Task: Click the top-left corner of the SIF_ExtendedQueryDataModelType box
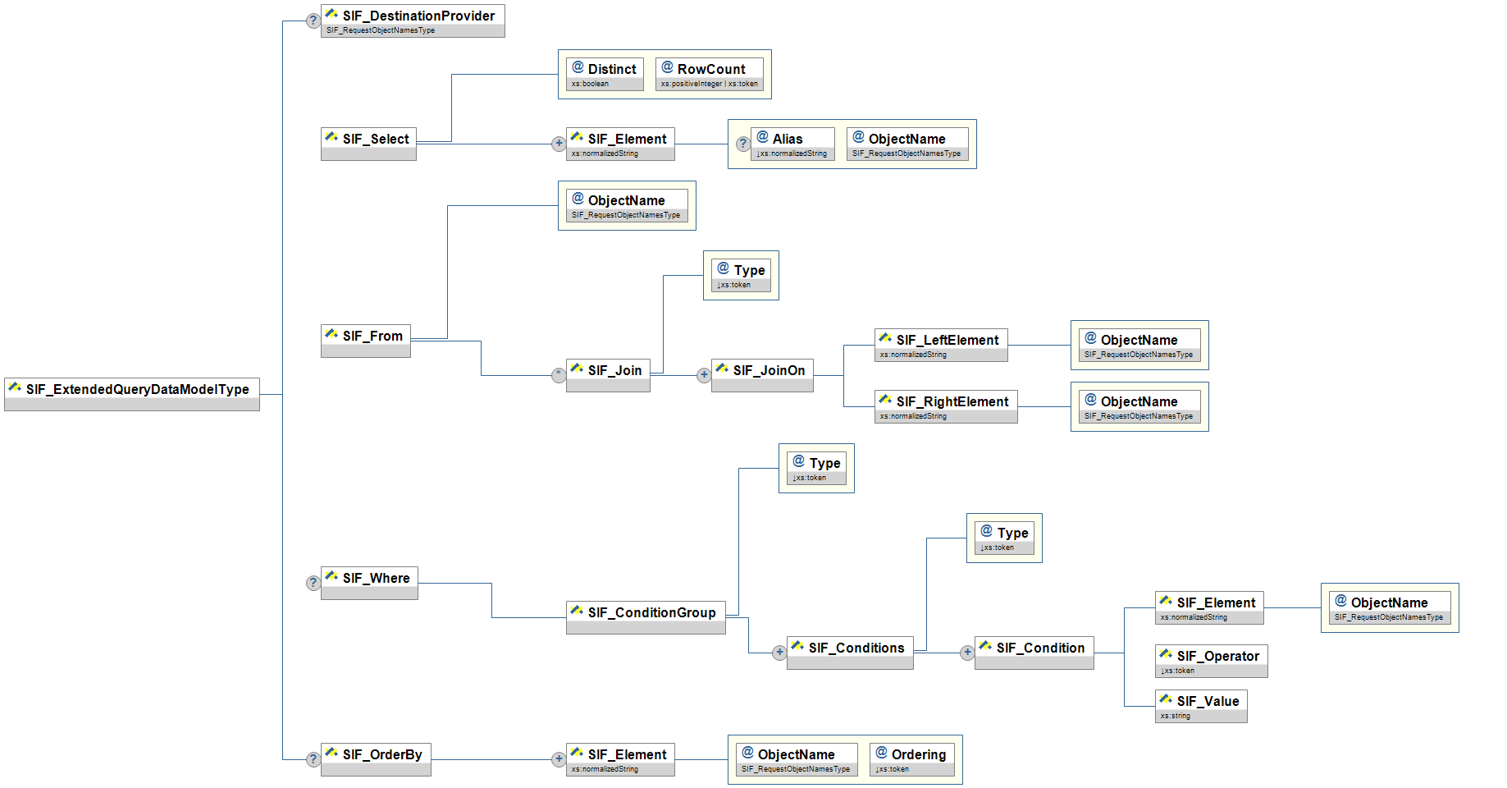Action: point(4,378)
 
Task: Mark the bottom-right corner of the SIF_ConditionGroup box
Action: point(726,635)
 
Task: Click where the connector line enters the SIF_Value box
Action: point(1155,706)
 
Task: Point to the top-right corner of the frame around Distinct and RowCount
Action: point(772,49)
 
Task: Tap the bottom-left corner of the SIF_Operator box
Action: point(1155,678)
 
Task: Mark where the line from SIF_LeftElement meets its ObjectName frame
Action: point(1071,345)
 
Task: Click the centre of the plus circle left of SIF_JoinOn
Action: point(704,375)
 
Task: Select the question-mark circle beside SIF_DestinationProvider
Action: point(313,21)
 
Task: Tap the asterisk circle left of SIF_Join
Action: point(559,375)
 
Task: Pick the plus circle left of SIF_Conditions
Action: point(779,653)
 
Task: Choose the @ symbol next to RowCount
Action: point(668,67)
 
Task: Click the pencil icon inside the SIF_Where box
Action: point(331,576)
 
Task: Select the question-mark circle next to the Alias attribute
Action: point(743,144)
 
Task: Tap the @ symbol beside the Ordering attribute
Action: point(882,753)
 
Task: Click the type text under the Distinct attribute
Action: point(590,84)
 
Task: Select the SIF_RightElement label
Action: point(952,401)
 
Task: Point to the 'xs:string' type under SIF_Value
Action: point(1175,716)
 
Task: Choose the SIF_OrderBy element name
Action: point(382,754)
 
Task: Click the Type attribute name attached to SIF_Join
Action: point(749,270)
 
